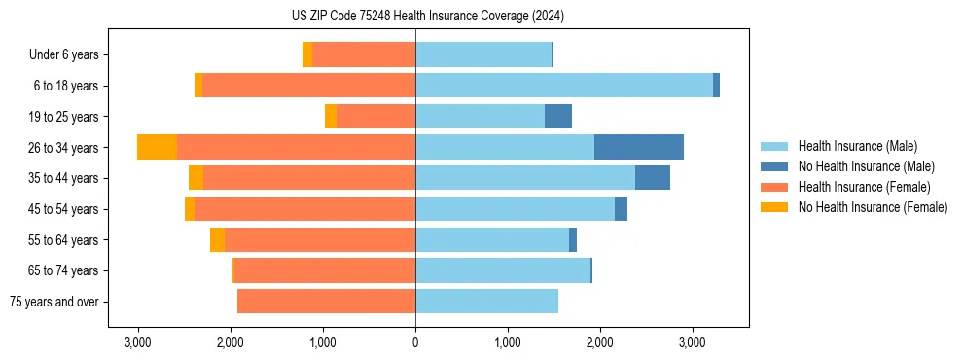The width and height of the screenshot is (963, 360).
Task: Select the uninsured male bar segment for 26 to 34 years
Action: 638,147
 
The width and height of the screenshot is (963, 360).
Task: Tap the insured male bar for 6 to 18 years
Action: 563,86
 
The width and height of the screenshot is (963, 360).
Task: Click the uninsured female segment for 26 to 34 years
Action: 157,147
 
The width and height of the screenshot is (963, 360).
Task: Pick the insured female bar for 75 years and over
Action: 326,302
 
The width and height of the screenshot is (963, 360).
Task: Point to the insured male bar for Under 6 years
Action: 482,54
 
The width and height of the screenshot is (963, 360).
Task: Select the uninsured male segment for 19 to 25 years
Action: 557,117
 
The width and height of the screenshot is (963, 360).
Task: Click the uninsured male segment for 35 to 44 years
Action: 652,178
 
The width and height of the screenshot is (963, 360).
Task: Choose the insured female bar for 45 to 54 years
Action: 304,209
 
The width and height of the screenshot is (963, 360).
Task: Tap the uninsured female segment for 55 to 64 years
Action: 217,240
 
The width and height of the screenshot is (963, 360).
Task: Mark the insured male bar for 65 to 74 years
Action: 502,270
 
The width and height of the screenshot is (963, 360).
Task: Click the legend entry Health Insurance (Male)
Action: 857,146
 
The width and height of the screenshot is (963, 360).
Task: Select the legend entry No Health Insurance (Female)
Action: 873,207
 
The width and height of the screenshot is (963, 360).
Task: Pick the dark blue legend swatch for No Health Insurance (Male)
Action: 774,166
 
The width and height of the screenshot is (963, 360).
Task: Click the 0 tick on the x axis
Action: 415,342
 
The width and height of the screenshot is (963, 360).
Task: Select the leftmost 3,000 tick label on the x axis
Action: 138,342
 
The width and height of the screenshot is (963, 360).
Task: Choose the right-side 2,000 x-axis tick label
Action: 599,342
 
